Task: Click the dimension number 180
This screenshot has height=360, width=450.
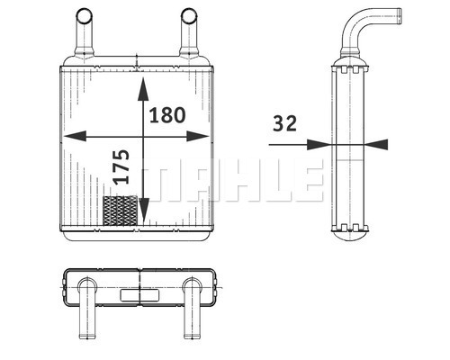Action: (x=167, y=115)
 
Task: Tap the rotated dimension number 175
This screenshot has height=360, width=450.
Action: (x=121, y=166)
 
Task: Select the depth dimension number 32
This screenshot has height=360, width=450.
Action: (x=284, y=123)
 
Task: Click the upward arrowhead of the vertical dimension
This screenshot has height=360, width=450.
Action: (x=143, y=89)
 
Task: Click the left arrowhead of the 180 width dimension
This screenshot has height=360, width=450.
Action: (x=75, y=136)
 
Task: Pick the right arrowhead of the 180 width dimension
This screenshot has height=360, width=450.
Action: (x=197, y=136)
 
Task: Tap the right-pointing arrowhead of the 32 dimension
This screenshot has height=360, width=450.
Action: (x=319, y=144)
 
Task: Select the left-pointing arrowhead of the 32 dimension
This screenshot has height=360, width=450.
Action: (x=376, y=144)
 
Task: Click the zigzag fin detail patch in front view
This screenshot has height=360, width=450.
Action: (x=120, y=211)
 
